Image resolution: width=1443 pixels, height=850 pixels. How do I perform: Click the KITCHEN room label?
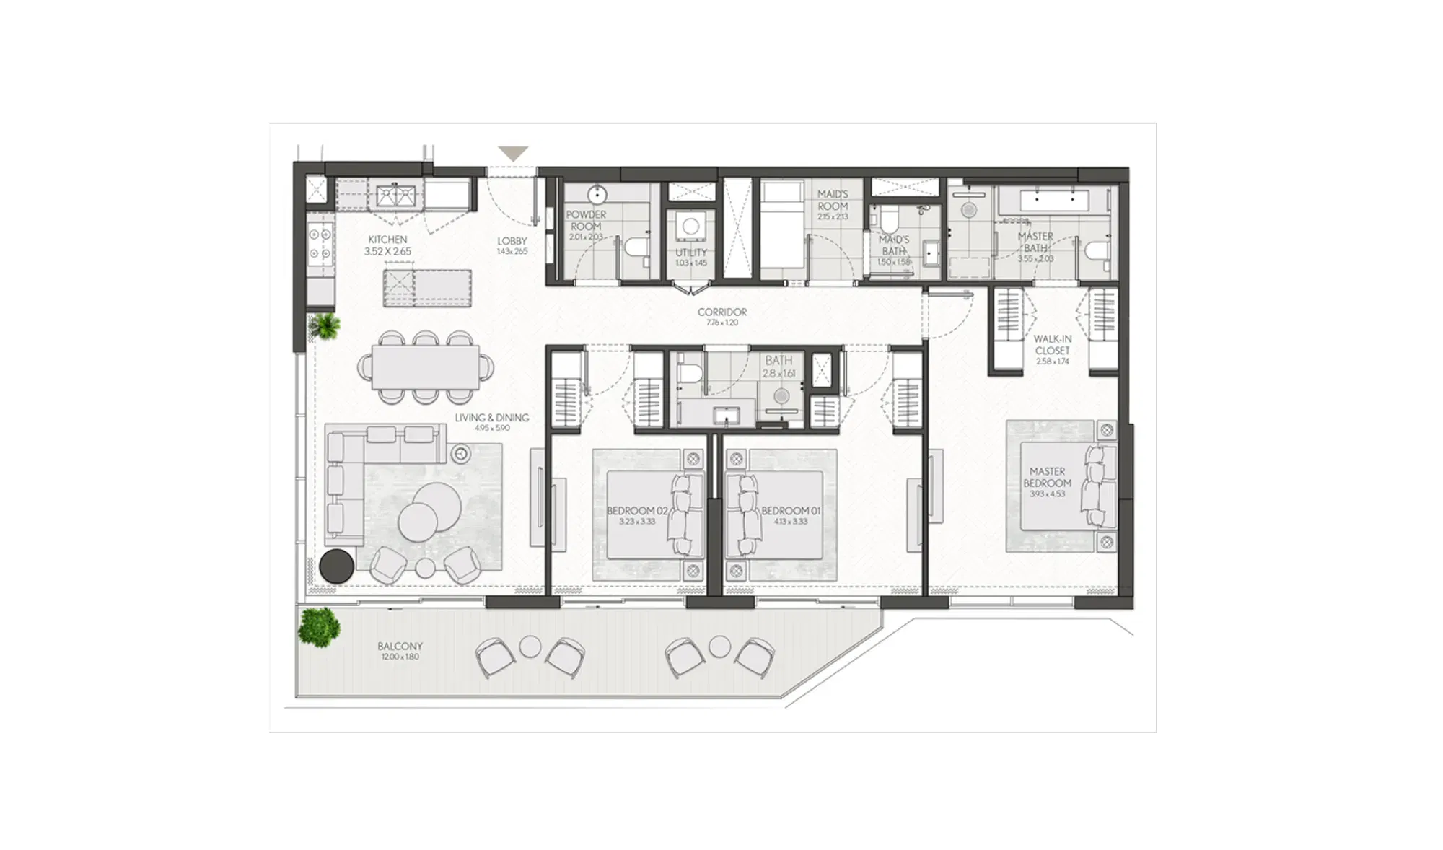(387, 240)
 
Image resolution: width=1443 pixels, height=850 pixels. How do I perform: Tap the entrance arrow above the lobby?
(514, 154)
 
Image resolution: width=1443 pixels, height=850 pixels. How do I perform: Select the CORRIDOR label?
(721, 312)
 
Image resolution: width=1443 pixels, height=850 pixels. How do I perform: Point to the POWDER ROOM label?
(586, 220)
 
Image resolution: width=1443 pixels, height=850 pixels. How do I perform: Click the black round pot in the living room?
(336, 566)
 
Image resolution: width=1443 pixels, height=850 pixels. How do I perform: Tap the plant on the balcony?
(319, 626)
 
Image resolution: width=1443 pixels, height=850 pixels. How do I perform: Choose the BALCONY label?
(400, 647)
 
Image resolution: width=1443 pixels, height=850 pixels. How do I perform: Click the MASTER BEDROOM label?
(1047, 478)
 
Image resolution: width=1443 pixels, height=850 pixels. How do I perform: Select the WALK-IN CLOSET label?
(1052, 345)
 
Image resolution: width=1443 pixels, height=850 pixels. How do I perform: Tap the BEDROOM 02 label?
(637, 511)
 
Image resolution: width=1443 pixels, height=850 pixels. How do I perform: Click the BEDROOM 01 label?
(791, 511)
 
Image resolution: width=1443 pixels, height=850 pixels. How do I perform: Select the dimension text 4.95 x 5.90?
(492, 428)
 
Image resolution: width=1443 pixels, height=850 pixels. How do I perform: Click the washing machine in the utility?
(690, 226)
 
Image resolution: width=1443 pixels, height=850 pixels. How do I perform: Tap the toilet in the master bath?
(1097, 250)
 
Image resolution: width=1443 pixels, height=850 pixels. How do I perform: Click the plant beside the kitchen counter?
(324, 326)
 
